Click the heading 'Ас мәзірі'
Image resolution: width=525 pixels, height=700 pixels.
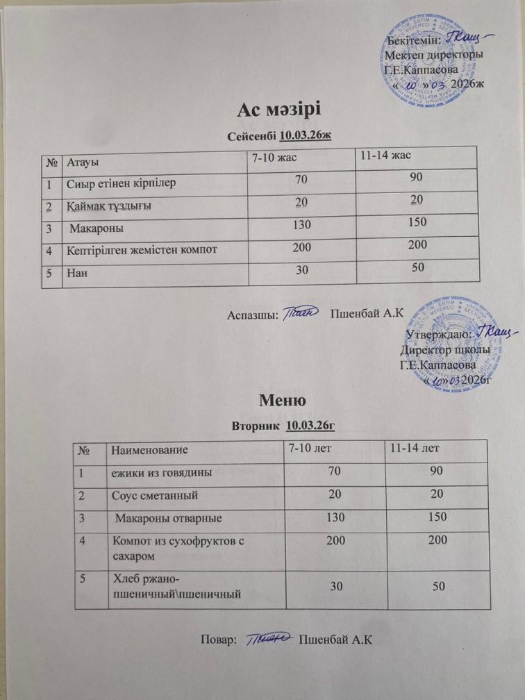(x=281, y=110)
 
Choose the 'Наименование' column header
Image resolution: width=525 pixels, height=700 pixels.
(x=147, y=451)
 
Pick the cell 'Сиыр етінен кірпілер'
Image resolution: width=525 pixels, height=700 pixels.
(x=122, y=184)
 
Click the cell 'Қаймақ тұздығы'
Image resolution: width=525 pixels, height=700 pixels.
(x=110, y=206)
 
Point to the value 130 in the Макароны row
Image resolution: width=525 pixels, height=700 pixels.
(x=302, y=224)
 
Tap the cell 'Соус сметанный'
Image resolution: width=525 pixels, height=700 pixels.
(x=156, y=495)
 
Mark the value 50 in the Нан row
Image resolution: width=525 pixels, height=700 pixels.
(x=417, y=267)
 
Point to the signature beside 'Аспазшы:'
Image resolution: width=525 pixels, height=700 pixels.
(x=303, y=314)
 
